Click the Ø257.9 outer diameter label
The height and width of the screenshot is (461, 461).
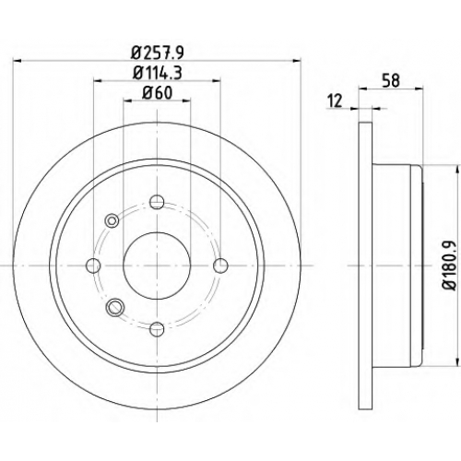(157, 53)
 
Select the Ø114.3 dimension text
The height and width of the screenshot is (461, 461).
(158, 74)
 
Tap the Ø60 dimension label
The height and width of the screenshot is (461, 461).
(157, 93)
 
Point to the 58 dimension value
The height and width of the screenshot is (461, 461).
(391, 80)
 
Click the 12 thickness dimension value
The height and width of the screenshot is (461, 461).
(335, 100)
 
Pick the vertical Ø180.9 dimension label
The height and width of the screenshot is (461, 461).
(449, 266)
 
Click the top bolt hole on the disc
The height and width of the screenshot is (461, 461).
(157, 202)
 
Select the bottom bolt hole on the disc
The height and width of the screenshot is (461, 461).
(157, 329)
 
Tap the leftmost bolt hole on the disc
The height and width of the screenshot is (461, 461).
(93, 266)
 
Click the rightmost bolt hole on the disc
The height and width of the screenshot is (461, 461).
(220, 266)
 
